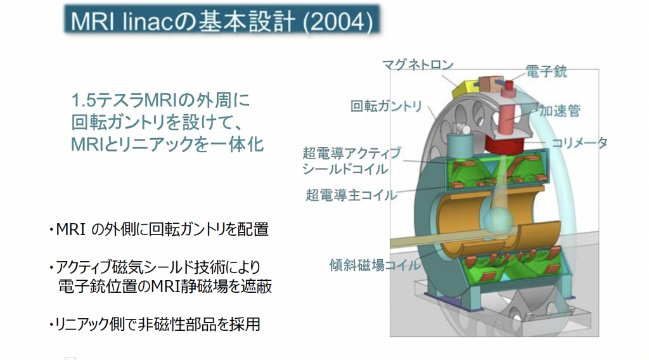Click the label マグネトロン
[417, 65]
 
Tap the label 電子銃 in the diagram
[546, 71]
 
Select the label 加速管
[560, 110]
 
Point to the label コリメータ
[579, 143]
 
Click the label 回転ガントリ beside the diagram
[386, 106]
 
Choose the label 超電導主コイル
[351, 195]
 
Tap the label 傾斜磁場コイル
[374, 265]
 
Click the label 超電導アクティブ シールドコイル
[352, 161]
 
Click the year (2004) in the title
[338, 22]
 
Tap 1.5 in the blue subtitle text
[83, 101]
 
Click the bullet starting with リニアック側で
[155, 324]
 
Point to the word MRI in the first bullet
[70, 229]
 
